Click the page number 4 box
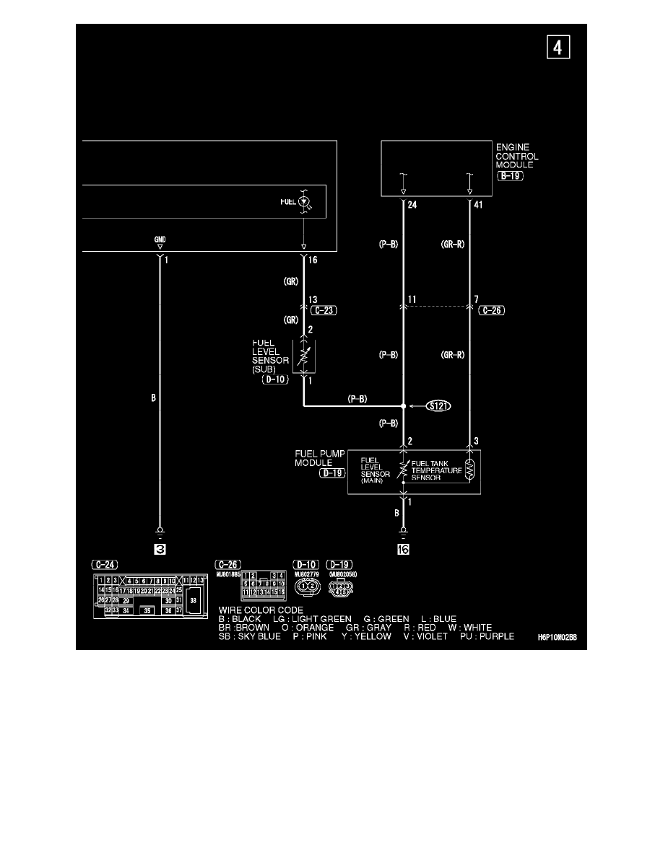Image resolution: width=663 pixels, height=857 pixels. click(x=557, y=48)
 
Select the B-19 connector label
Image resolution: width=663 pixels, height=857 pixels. click(x=511, y=175)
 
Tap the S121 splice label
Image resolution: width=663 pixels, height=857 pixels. click(x=438, y=406)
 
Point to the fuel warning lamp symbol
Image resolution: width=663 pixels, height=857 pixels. click(x=305, y=201)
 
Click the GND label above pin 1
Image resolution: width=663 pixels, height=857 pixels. click(x=160, y=239)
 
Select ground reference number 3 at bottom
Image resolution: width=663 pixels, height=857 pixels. click(x=160, y=550)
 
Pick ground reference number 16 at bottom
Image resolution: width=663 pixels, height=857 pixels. click(x=403, y=550)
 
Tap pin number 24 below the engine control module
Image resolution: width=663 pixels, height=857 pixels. click(x=412, y=205)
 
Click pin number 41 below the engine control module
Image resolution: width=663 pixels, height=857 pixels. click(x=479, y=205)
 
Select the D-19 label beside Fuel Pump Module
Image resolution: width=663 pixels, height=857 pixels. click(x=333, y=473)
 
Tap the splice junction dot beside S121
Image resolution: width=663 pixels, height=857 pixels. click(x=403, y=406)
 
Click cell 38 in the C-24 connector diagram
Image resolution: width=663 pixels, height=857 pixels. click(x=193, y=599)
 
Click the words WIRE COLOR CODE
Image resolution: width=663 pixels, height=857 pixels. click(x=256, y=610)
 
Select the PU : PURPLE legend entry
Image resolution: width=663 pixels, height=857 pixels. click(x=487, y=636)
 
